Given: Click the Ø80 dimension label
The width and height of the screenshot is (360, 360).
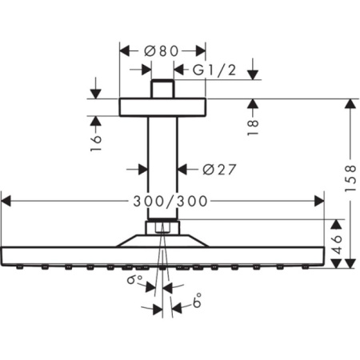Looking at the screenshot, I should click(x=162, y=50).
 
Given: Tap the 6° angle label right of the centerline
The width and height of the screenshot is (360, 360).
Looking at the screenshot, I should click(x=198, y=303).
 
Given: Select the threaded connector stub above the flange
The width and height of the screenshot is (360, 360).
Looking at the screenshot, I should click(x=162, y=89).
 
